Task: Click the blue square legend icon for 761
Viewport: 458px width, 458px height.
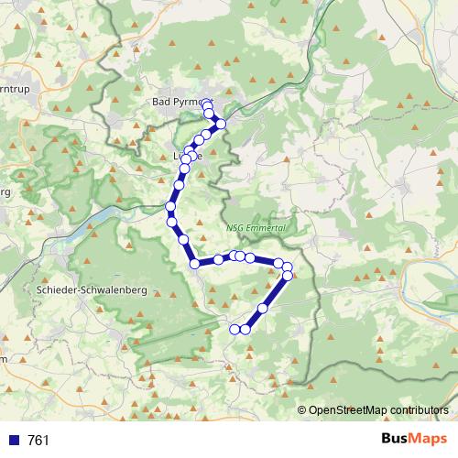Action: pyautogui.click(x=14, y=441)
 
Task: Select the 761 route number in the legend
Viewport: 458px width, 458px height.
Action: pyautogui.click(x=38, y=441)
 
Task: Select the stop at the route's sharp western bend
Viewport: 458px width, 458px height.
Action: pyautogui.click(x=194, y=264)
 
